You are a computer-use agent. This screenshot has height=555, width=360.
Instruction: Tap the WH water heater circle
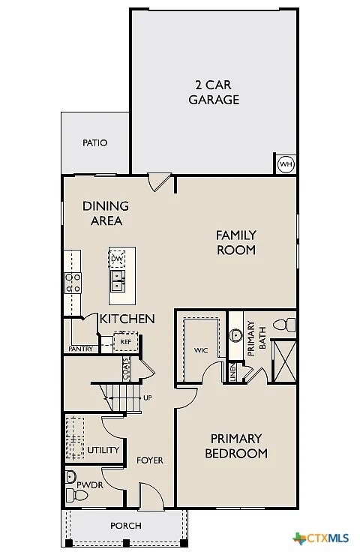tap(286, 164)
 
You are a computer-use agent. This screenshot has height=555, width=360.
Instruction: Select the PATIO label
tap(94, 142)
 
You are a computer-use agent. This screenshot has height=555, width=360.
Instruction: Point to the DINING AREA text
tap(105, 213)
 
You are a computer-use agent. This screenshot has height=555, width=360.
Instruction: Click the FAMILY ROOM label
tap(236, 242)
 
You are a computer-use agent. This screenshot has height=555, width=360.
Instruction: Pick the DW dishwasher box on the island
tap(117, 259)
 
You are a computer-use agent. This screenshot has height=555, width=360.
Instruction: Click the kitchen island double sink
tap(117, 280)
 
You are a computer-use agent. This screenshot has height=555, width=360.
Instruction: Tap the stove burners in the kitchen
tap(73, 282)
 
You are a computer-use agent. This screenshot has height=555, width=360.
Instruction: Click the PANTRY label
tap(80, 349)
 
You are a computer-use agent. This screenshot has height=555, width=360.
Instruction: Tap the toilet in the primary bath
tap(283, 325)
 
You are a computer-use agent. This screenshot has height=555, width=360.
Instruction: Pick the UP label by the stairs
tap(147, 397)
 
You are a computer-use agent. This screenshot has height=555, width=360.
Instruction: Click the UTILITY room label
tap(103, 450)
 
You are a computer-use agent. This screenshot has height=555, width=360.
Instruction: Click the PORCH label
tap(125, 526)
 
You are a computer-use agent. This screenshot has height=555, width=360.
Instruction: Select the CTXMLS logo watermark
tap(322, 538)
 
